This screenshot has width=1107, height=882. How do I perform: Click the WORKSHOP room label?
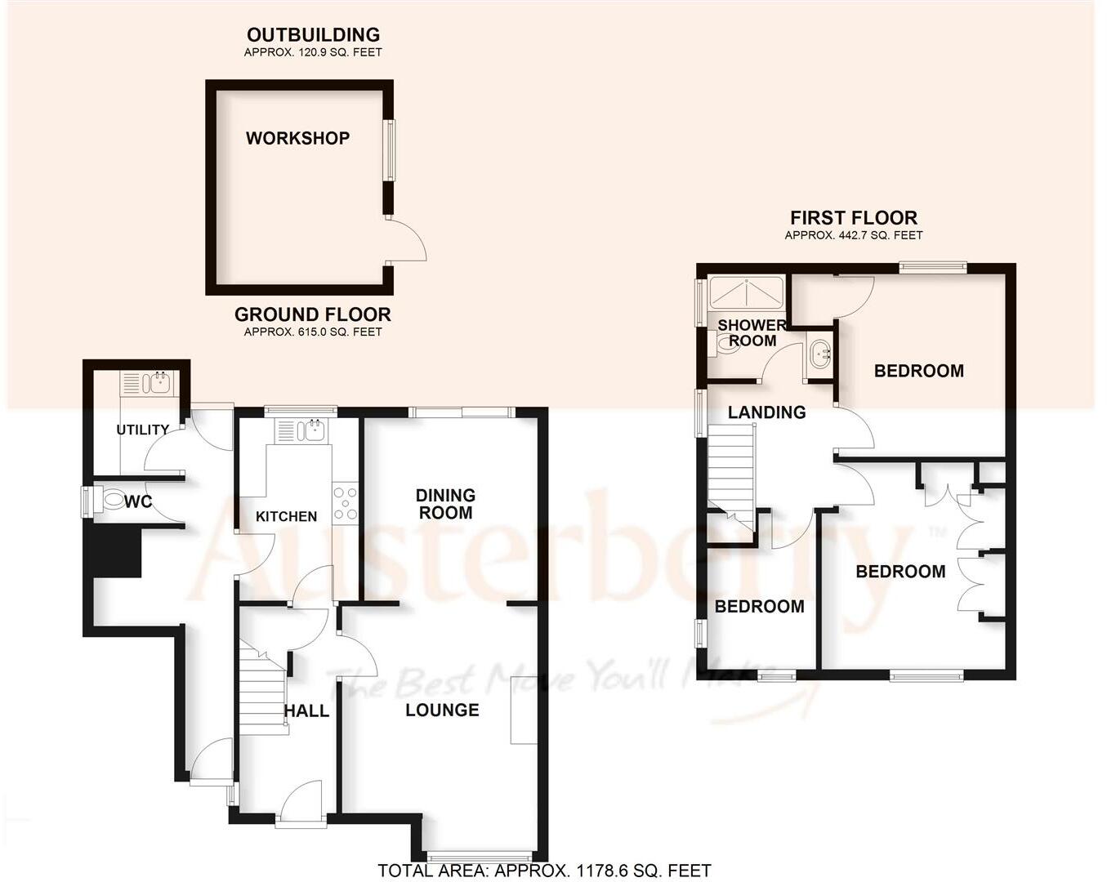pos(297,138)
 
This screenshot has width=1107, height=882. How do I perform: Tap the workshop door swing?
pos(408,241)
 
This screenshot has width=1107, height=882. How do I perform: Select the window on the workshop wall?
pos(390,151)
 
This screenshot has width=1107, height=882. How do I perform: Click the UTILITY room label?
pos(143,430)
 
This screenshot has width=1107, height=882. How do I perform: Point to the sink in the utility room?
pos(149,381)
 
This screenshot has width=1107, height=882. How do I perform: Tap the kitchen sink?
pos(303,430)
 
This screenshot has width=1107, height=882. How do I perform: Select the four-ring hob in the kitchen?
pos(345,502)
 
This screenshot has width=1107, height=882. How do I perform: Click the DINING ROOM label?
pos(445,504)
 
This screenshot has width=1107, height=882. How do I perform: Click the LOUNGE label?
pos(442,710)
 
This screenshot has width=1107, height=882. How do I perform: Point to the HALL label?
pos(306,711)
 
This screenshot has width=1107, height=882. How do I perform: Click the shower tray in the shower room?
pos(746,293)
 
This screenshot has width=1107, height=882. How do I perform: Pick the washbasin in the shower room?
pos(819,354)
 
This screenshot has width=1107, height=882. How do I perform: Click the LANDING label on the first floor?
pos(766,412)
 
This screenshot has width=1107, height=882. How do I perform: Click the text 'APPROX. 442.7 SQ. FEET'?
pos(854,235)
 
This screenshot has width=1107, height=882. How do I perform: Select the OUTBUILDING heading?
pos(313,34)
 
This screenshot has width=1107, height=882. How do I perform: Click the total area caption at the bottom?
pos(544,871)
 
